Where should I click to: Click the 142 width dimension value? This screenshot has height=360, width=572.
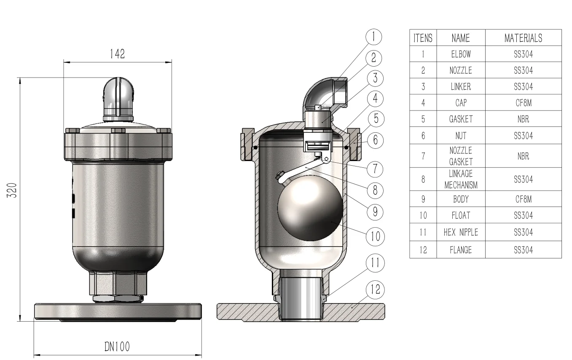pyautogui.click(x=117, y=54)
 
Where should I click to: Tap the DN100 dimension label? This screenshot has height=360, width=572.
pyautogui.click(x=117, y=347)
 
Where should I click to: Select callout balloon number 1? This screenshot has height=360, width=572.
pyautogui.click(x=373, y=37)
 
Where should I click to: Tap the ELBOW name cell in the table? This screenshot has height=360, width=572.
pyautogui.click(x=461, y=54)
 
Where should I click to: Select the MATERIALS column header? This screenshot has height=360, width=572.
pyautogui.click(x=523, y=38)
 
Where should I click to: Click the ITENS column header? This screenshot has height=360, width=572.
pyautogui.click(x=423, y=38)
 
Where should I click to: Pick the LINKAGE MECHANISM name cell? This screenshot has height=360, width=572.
pyautogui.click(x=461, y=179)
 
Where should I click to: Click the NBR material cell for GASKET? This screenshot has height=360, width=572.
pyautogui.click(x=523, y=119)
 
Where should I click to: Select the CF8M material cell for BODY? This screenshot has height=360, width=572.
pyautogui.click(x=523, y=199)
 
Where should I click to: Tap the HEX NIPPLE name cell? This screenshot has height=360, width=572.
pyautogui.click(x=461, y=232)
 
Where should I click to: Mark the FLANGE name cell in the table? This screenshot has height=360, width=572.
pyautogui.click(x=461, y=250)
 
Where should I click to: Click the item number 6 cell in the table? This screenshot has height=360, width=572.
pyautogui.click(x=423, y=136)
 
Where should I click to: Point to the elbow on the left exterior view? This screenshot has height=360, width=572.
pyautogui.click(x=119, y=95)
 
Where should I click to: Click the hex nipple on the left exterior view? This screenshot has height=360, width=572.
pyautogui.click(x=118, y=285)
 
